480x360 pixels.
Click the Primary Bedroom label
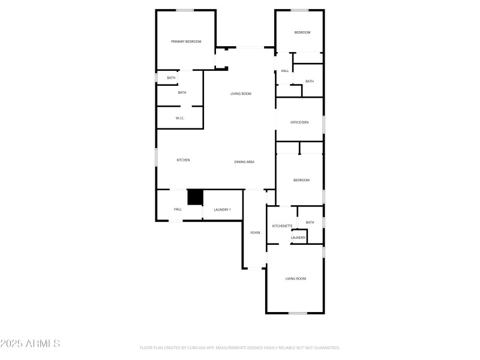186,41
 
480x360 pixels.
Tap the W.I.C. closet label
180,118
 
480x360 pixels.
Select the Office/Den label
299,122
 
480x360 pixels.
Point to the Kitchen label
183,160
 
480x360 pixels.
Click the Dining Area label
244,162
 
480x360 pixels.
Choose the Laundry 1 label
222,209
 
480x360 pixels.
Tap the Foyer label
255,232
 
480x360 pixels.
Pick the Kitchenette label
282,226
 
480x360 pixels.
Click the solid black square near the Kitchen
195,197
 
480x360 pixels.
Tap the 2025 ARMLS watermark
30,344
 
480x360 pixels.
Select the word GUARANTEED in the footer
325,347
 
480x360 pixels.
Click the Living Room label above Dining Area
241,94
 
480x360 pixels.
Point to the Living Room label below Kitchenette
295,278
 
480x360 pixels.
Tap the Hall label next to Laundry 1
178,209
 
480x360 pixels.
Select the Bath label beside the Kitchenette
310,223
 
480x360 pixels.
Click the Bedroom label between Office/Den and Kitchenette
301,180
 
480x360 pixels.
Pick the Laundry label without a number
298,238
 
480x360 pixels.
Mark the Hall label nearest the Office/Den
284,71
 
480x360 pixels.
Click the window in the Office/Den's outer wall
323,124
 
